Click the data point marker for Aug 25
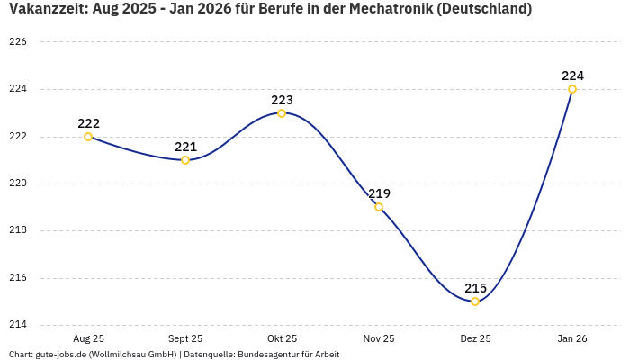coord(88,137)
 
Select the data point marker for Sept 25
coord(185,160)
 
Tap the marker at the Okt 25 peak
coord(282,113)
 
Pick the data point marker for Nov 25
coord(379,207)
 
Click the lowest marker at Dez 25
coord(475,301)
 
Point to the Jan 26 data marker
coord(572,89)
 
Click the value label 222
coord(88,123)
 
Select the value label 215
coord(475,288)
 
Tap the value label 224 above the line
coord(572,76)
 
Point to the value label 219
coord(379,193)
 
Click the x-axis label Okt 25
coord(282,338)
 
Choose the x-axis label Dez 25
coord(475,338)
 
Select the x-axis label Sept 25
coord(185,338)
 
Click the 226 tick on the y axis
coord(18,42)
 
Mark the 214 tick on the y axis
coord(18,325)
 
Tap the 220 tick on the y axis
coord(18,184)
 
